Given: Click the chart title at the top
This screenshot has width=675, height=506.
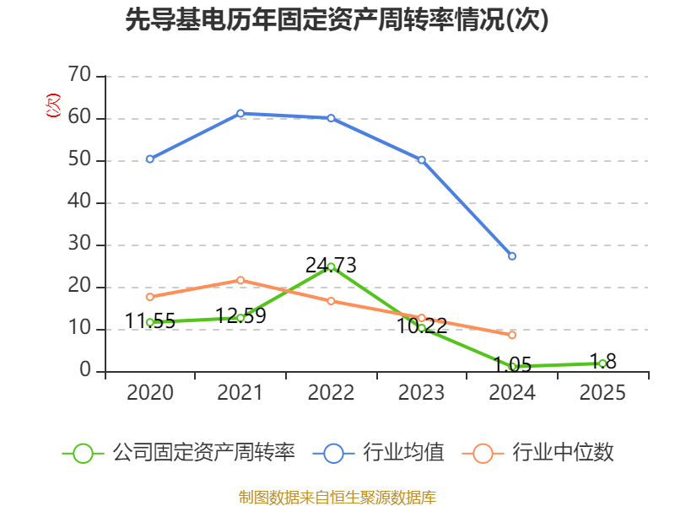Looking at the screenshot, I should point(337,20).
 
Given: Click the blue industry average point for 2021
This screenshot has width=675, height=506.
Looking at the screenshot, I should point(240,113).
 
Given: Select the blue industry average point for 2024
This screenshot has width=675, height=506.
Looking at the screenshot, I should point(512,256).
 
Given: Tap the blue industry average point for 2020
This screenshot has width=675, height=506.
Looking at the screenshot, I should point(150,159).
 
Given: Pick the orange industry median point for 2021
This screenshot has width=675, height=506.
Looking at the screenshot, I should point(240,280).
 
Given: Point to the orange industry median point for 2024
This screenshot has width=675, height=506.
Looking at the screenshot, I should point(512,335).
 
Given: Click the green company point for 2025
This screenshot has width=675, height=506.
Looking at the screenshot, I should point(602,363).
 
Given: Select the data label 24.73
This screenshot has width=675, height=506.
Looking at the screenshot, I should point(331,266).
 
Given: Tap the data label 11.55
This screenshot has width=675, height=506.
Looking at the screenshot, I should point(150,321).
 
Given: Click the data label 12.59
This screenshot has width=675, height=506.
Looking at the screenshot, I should point(240,316).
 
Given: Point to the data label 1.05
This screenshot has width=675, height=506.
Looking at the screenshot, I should point(512,364).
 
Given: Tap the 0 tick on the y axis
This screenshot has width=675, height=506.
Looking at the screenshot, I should point(85,371).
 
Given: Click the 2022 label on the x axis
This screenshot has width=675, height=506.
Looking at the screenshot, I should point(331,393).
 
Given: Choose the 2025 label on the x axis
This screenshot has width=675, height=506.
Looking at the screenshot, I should point(602,393).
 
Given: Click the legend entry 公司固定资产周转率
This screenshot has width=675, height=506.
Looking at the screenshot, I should point(202,453).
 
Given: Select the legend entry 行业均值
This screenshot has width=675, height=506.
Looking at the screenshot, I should point(402,453).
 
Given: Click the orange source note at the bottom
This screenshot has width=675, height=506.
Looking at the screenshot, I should point(337,497).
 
